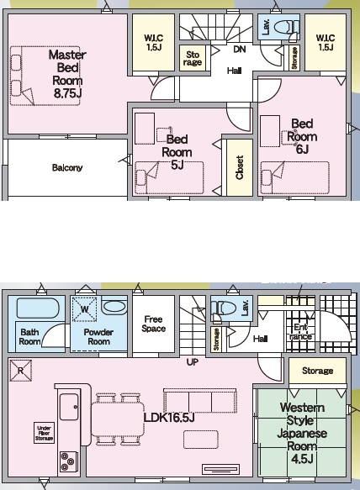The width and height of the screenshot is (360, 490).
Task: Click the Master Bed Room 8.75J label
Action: click(67, 74)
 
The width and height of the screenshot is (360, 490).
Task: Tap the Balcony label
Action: click(67, 168)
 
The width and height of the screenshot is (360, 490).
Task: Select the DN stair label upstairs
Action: click(240, 50)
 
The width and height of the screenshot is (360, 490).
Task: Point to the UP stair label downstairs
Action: click(193, 362)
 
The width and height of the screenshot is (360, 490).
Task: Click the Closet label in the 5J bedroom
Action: click(240, 167)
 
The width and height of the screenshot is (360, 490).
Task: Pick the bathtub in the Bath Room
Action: click(38, 308)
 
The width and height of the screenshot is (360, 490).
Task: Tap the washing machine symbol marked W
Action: click(84, 309)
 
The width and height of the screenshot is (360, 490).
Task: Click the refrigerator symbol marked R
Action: click(21, 371)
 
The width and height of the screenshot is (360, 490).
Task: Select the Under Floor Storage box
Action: click(44, 433)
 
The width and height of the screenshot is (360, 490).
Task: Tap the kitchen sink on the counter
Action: click(69, 407)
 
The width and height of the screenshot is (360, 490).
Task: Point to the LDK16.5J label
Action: click(169, 418)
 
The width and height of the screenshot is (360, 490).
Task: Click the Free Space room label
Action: click(153, 324)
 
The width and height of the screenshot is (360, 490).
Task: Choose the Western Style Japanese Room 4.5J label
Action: click(302, 434)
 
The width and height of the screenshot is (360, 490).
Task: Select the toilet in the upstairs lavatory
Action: click(285, 27)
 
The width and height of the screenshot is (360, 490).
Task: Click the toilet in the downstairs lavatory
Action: click(222, 308)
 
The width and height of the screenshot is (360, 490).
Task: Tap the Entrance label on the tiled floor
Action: click(300, 332)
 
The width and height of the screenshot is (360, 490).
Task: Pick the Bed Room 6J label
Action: click(302, 136)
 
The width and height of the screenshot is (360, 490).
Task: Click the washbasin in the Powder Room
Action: click(114, 306)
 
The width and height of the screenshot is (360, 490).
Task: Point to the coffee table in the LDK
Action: click(201, 440)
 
